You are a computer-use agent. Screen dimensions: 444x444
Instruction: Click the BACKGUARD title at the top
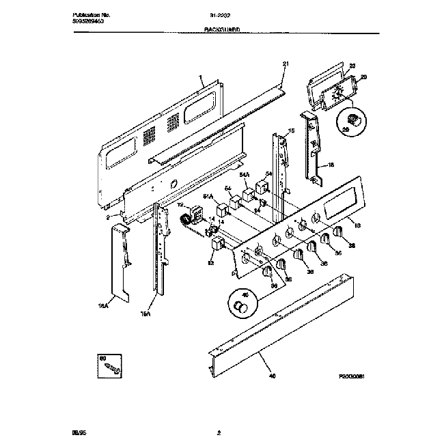(222, 31)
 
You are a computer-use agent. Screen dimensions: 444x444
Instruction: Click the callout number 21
(286, 65)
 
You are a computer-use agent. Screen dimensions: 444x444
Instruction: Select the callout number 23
(352, 66)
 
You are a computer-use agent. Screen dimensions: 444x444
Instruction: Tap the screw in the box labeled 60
(109, 369)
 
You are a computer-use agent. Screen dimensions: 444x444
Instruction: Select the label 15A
(144, 314)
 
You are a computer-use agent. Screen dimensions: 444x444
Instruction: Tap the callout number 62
(210, 262)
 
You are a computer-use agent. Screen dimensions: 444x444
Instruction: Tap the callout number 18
(331, 165)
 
